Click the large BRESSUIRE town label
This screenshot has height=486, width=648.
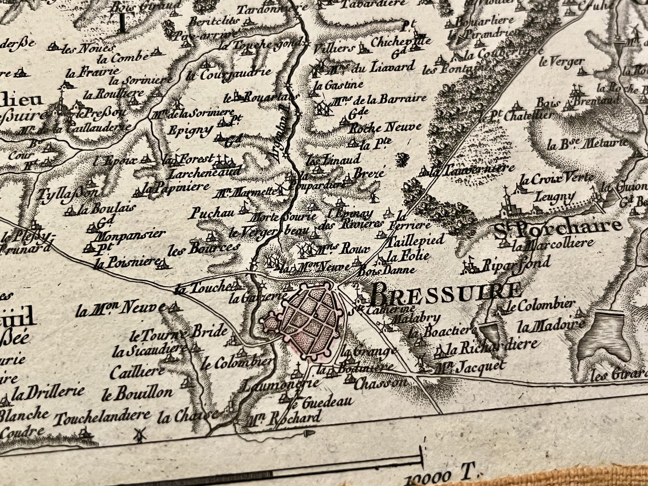445,293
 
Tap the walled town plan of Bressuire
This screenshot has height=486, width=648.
308,320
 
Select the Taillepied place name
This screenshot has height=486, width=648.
415,240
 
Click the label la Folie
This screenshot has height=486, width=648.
408,256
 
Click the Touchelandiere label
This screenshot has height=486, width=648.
102,417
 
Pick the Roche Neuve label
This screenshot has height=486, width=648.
385,127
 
